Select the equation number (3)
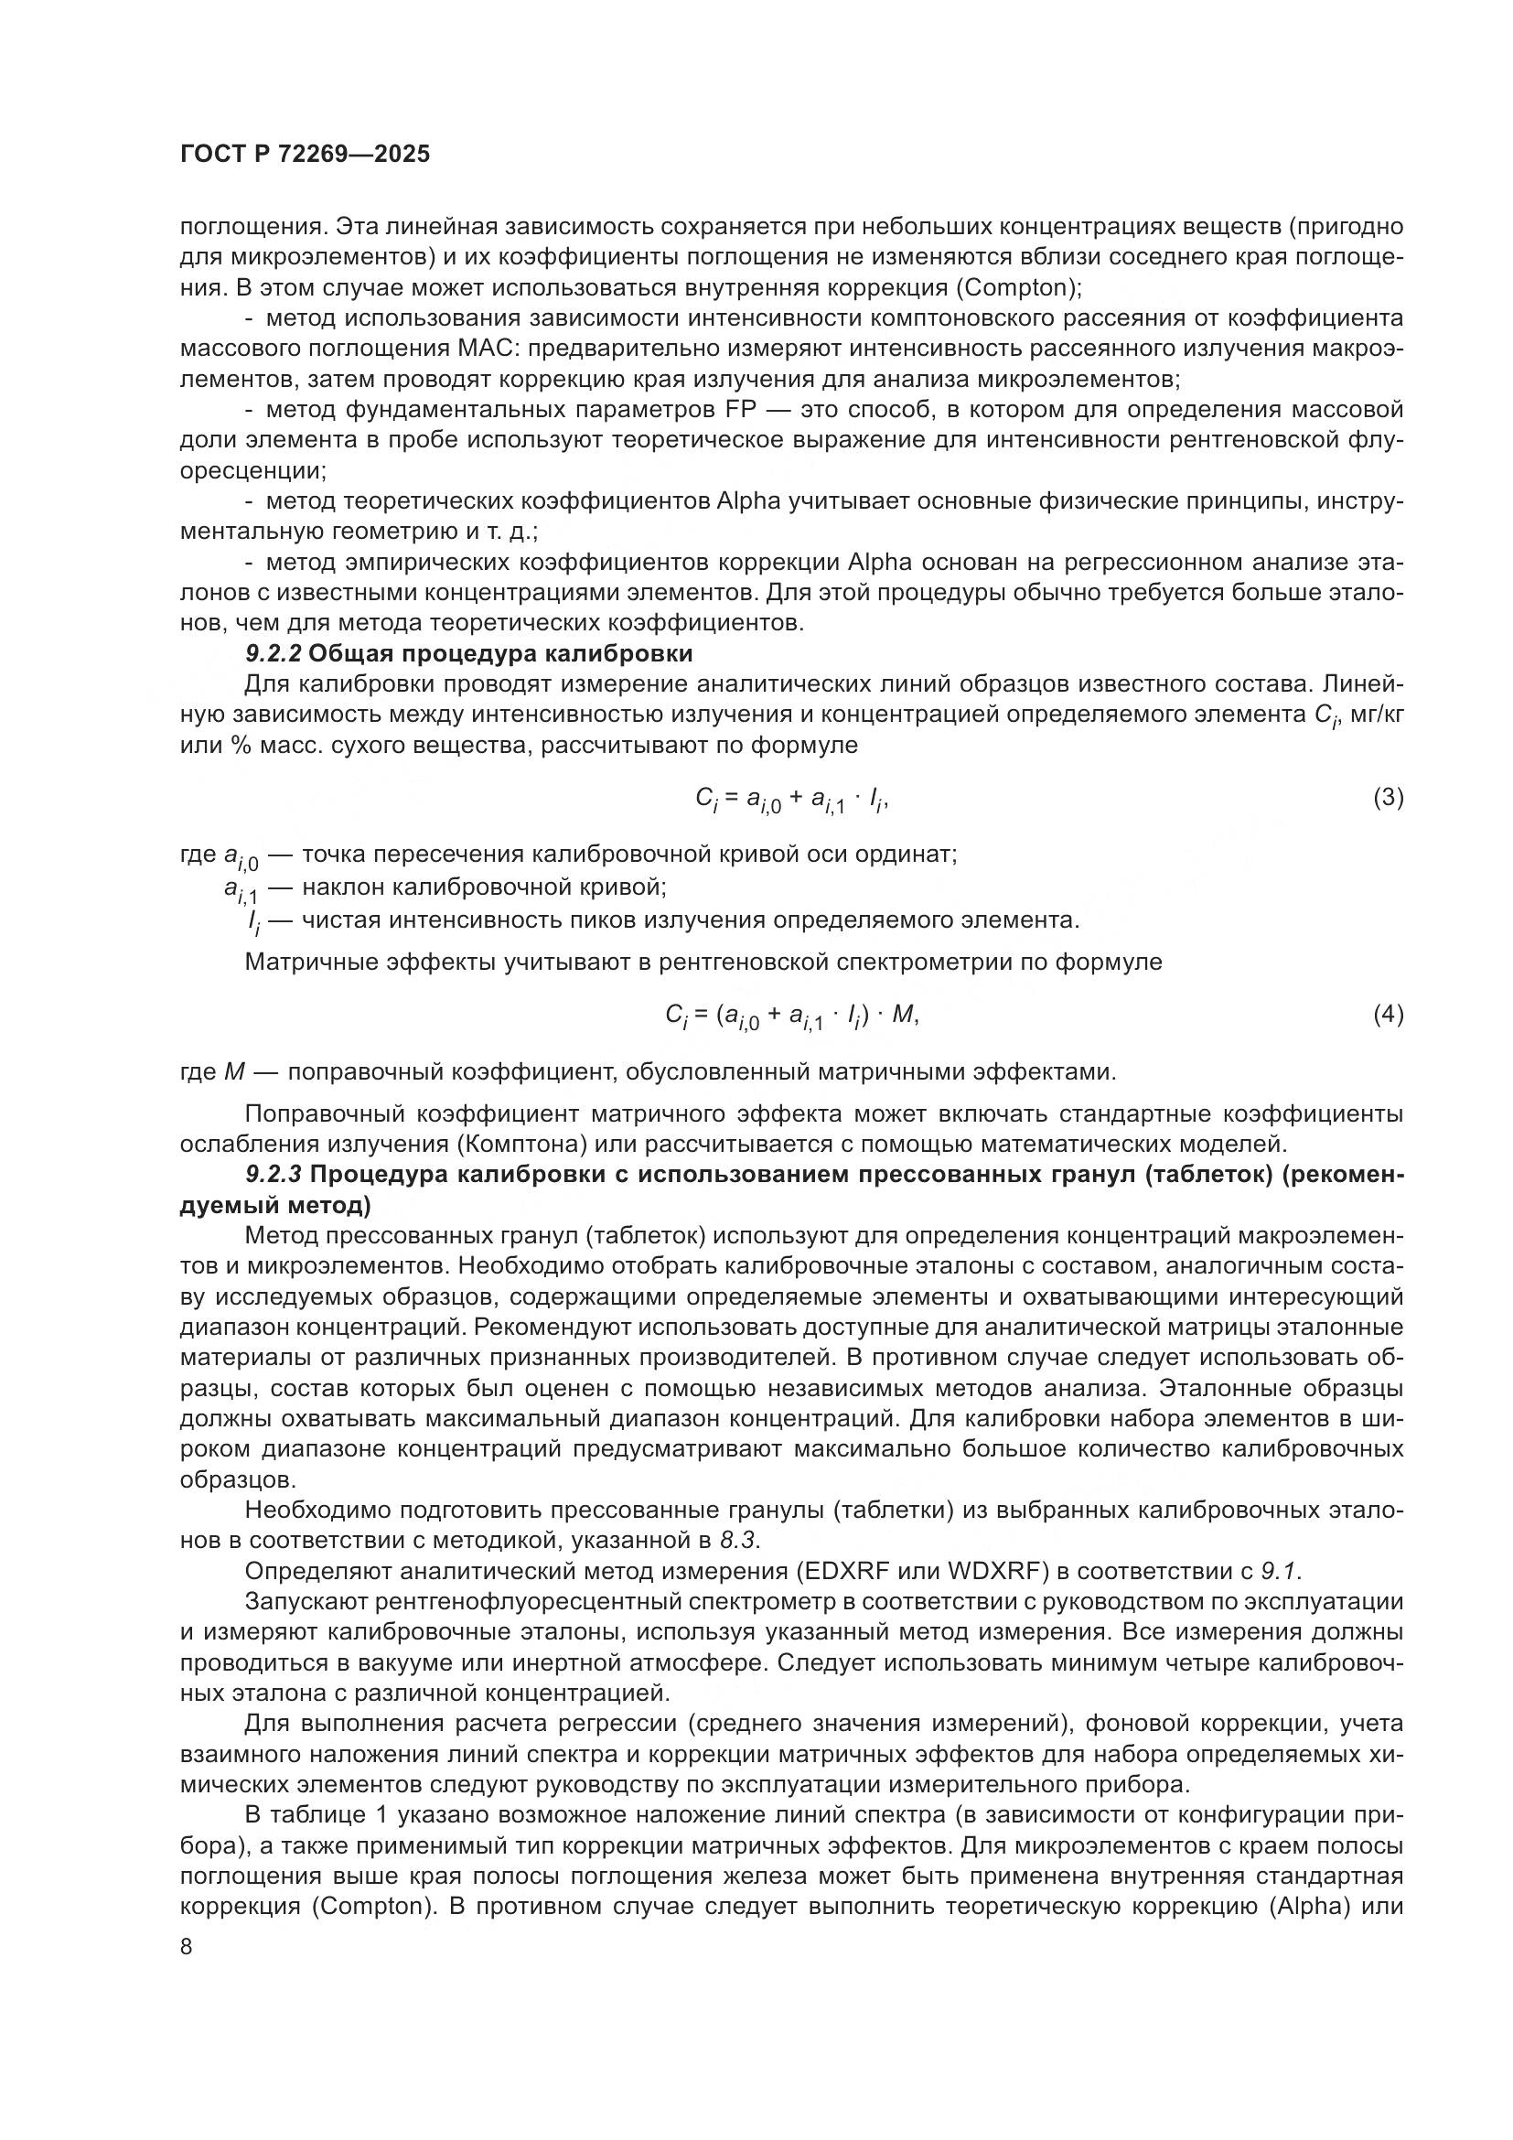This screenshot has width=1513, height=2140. pyautogui.click(x=1389, y=797)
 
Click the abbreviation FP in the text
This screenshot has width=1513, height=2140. pyautogui.click(x=738, y=410)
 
